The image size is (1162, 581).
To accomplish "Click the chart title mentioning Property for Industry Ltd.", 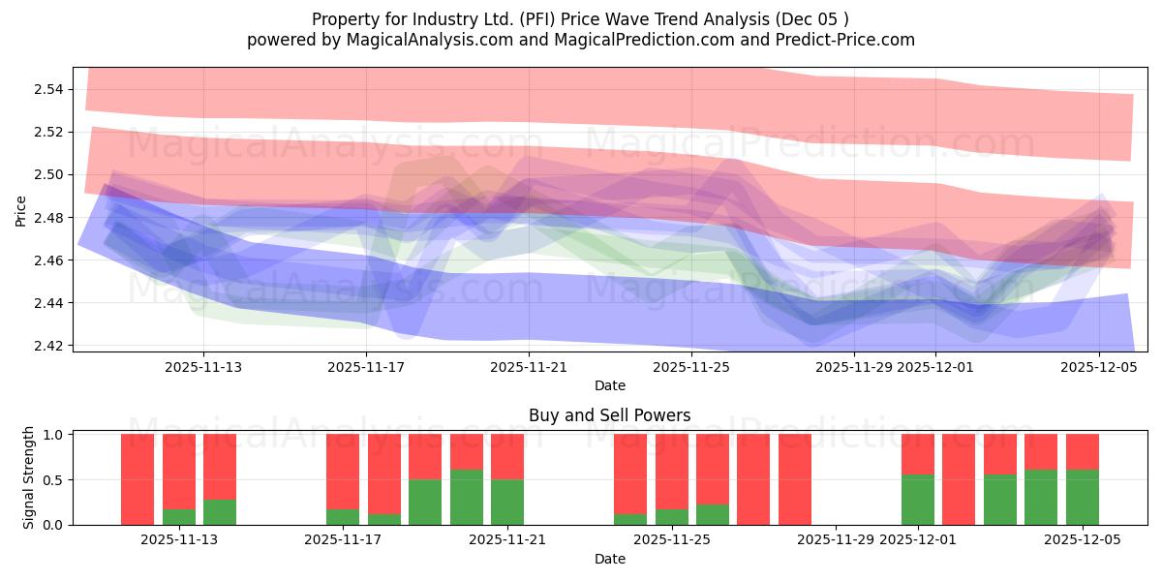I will point(580,19).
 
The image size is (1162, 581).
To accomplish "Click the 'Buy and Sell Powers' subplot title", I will point(609,415).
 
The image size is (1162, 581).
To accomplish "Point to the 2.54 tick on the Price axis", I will point(48,90).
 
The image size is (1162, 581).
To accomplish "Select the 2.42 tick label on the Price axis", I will point(48,346).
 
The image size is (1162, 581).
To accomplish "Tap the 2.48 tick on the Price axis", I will point(48,218).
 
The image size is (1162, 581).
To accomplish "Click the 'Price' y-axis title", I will point(21,210).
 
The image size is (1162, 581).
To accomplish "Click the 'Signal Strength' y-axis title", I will point(29,477).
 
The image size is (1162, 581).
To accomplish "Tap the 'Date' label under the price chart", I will point(609,385).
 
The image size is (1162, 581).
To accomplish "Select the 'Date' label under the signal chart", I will point(609,559).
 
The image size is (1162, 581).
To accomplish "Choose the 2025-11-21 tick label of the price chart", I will point(529,367).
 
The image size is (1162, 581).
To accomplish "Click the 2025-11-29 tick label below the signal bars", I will point(837,540).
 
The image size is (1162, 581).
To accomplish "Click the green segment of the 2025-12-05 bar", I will point(1082,498).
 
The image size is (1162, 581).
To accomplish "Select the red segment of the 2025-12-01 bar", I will point(917,454).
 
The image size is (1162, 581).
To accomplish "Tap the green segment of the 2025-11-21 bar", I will point(507,502).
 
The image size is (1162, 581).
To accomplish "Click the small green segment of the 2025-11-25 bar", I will point(672,517).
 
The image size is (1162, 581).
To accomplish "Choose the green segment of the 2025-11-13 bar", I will point(178,517).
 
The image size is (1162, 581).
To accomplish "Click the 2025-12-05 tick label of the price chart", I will point(1098,367).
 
